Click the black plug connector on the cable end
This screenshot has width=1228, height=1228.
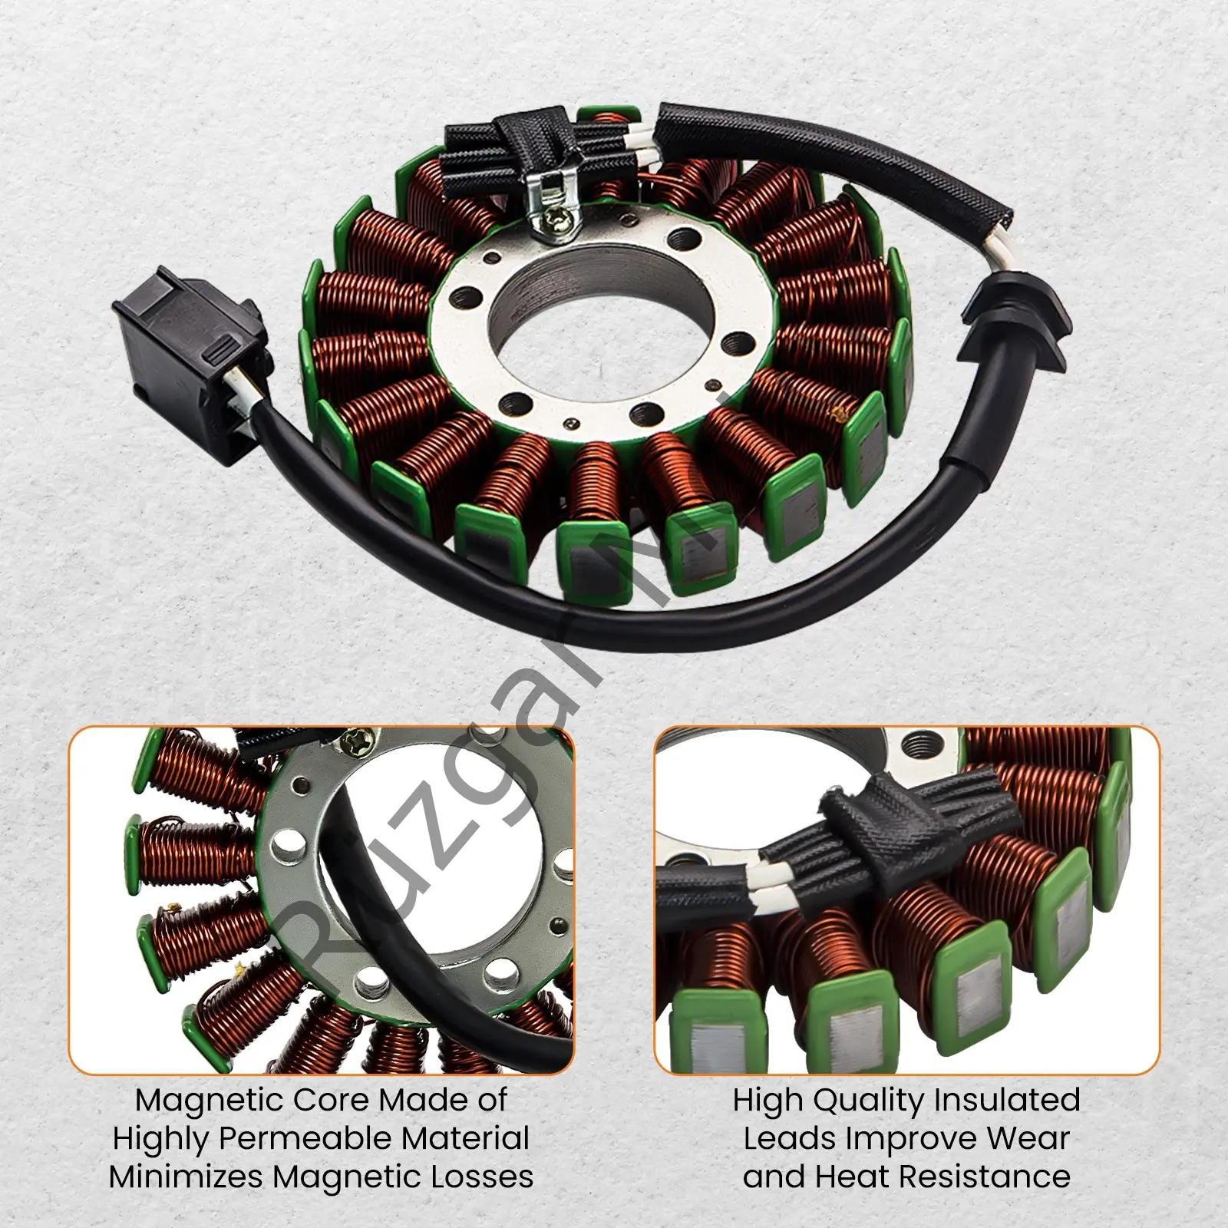[188, 361]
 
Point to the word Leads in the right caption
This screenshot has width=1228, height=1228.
[790, 1139]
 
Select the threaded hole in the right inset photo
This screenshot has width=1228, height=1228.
[915, 741]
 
